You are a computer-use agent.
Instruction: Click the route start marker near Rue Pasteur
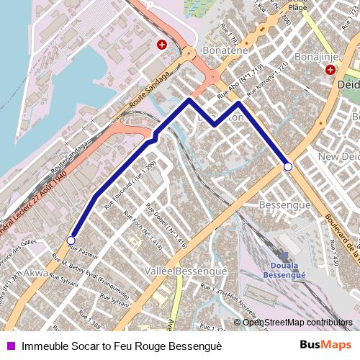click(x=71, y=240)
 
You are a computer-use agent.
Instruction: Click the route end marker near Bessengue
click(x=288, y=166)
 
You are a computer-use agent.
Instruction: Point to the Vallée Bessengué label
click(x=176, y=271)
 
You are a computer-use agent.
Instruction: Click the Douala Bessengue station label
click(x=284, y=270)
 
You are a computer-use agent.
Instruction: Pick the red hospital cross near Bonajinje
click(x=330, y=70)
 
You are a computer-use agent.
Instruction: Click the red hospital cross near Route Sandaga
click(x=162, y=45)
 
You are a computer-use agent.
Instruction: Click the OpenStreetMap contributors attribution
click(x=297, y=323)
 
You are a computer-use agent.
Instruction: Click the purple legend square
click(x=11, y=346)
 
